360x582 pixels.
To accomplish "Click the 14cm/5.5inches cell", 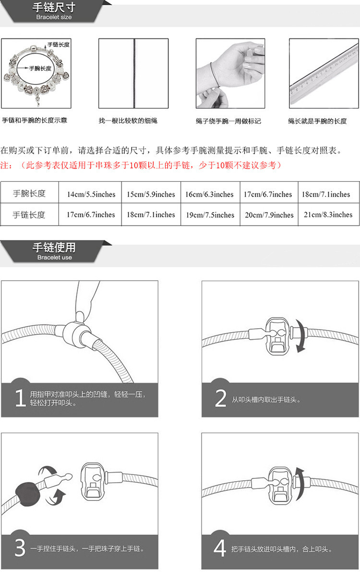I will (x=91, y=194).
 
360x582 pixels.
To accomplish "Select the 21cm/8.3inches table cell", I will (x=328, y=214).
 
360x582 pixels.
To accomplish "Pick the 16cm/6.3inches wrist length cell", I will (x=209, y=194).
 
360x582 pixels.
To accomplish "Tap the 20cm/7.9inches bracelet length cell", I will (x=269, y=215).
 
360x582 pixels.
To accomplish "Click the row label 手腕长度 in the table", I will (x=29, y=193).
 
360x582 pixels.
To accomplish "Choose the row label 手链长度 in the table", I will (x=29, y=214).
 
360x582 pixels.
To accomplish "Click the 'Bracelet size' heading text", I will (x=54, y=17).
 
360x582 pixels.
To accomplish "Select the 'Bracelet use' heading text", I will (x=54, y=257).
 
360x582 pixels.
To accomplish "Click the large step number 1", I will (x=20, y=398).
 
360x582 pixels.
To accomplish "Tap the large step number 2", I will (x=220, y=398).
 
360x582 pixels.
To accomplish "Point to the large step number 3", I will (x=20, y=548).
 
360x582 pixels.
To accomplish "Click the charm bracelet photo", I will (x=36, y=73).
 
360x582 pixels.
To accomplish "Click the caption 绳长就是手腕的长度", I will (x=317, y=121).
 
